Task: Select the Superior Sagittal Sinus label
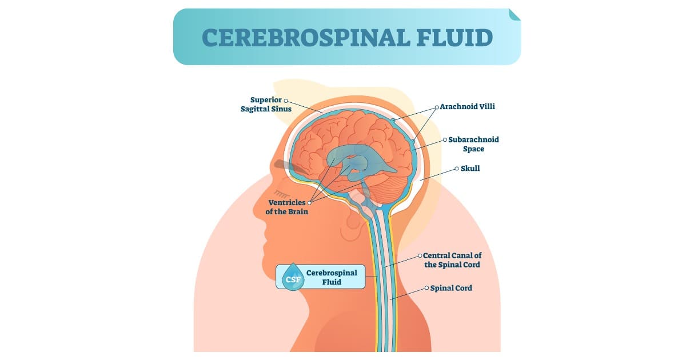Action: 266,104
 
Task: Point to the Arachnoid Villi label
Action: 467,107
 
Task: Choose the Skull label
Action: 470,169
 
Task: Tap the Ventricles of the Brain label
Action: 287,207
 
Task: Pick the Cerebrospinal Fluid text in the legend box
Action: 332,277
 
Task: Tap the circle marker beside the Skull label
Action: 456,169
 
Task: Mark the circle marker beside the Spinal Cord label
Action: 426,289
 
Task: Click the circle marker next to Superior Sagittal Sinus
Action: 286,100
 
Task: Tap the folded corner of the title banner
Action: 514,14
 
